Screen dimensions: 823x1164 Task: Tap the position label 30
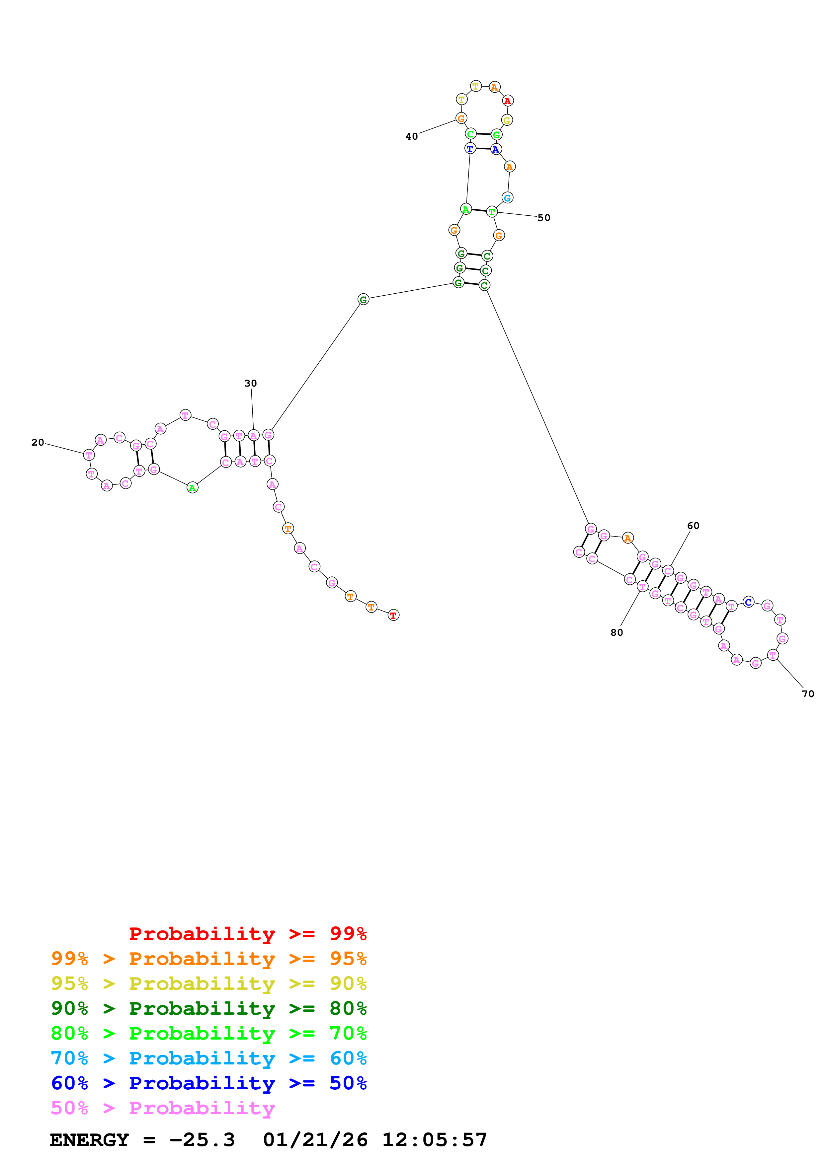tap(251, 383)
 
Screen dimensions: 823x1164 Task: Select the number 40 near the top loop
tap(411, 136)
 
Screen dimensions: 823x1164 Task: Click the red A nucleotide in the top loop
tap(508, 101)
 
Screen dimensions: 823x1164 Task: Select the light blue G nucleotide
tap(507, 198)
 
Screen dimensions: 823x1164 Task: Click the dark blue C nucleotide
tap(748, 602)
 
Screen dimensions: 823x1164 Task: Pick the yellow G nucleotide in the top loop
tap(507, 120)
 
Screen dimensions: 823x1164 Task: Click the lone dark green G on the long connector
tap(363, 300)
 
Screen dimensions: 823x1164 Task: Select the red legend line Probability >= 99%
tap(247, 934)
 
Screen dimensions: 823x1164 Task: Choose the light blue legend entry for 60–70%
tap(208, 1058)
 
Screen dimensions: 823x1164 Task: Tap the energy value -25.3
tap(202, 1140)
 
